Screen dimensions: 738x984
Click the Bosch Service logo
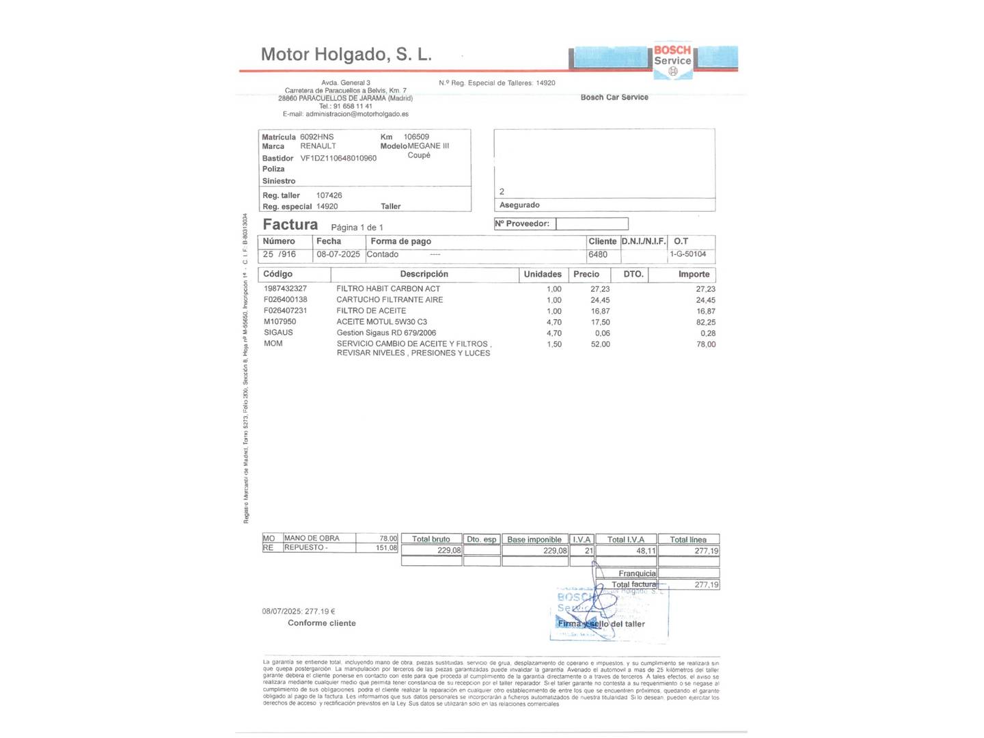click(672, 60)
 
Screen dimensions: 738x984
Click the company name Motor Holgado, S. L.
click(346, 55)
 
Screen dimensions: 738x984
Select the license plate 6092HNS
click(317, 137)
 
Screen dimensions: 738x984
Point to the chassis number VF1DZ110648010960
click(338, 158)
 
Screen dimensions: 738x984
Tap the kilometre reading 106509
click(416, 137)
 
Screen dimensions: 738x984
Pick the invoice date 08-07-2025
click(338, 254)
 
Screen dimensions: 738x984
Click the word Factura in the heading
click(290, 225)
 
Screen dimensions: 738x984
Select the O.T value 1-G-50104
click(688, 254)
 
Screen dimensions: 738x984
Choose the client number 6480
click(598, 254)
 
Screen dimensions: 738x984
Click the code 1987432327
click(285, 288)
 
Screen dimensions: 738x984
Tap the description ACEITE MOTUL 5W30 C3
click(382, 322)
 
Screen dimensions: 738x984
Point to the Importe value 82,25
click(706, 323)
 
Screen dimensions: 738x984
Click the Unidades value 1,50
click(554, 344)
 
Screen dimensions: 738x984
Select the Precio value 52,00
click(600, 344)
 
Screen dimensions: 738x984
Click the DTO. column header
click(633, 274)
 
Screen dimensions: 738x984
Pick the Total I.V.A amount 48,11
click(646, 551)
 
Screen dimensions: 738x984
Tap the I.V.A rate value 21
click(588, 551)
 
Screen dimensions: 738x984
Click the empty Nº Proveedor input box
click(592, 224)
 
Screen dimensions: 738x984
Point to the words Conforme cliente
click(322, 623)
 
